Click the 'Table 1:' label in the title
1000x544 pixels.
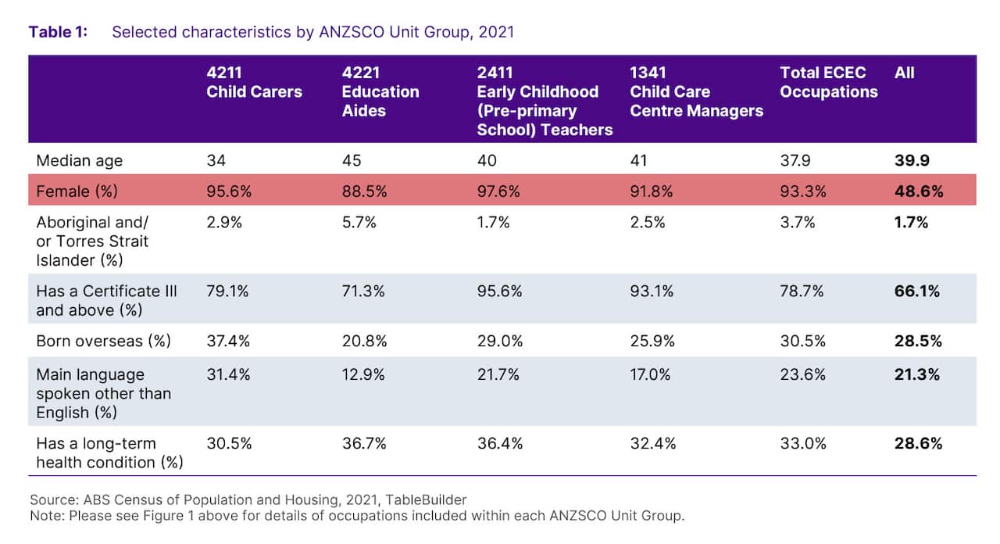[58, 32]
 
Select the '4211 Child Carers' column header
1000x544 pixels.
[254, 82]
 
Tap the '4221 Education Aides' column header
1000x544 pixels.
[380, 91]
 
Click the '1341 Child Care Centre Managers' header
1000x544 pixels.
[696, 91]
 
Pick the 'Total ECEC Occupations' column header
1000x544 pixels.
[828, 82]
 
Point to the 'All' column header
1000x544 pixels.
[905, 73]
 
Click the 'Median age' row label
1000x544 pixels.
[80, 161]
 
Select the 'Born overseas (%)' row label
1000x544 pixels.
[103, 341]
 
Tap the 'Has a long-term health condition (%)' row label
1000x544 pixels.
[109, 453]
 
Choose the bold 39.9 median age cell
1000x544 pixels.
[911, 161]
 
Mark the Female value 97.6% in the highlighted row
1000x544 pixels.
[499, 191]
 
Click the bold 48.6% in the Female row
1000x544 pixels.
[918, 191]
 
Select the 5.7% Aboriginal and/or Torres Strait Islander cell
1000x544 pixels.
[359, 223]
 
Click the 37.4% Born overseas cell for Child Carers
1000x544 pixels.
[228, 341]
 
